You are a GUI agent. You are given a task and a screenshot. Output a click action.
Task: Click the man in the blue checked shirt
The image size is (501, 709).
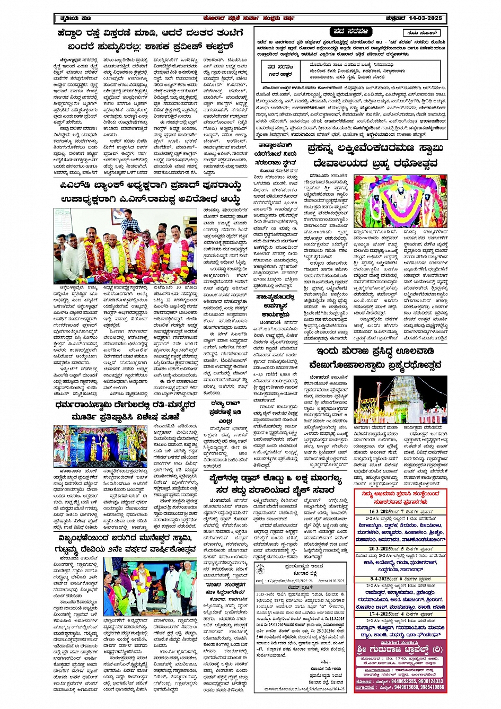(x=130, y=223)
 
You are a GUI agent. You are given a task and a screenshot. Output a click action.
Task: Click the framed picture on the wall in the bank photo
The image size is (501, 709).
(x=118, y=216)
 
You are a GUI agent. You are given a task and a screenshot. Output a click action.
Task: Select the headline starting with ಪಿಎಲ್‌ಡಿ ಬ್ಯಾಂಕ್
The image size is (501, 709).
(x=151, y=187)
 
